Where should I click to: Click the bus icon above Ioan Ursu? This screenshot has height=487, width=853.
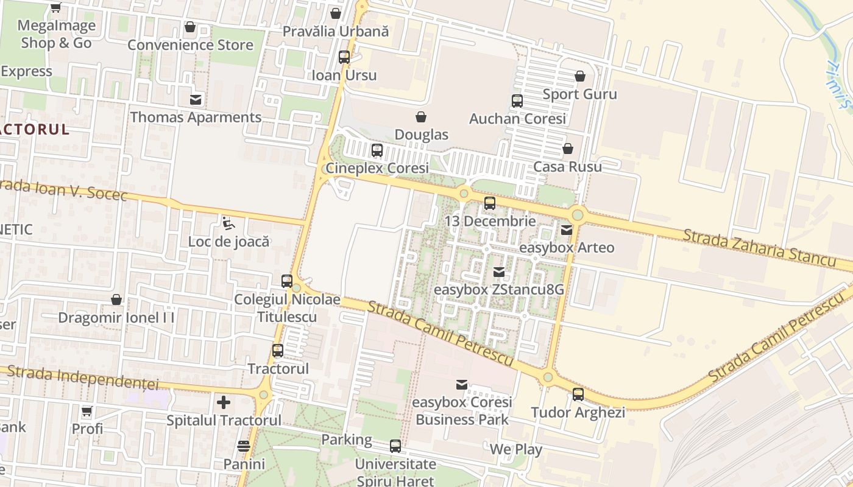(344, 57)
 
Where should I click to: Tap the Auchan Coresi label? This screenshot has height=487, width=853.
(517, 119)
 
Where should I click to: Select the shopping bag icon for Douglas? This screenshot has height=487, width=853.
(420, 117)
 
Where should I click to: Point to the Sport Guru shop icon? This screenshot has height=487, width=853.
(580, 76)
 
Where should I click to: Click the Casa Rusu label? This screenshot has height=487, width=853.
(567, 166)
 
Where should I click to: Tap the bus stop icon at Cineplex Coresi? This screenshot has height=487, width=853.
(377, 150)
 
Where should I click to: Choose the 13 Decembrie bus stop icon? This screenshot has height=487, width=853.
(490, 203)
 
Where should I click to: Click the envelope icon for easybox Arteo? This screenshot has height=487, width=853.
(567, 230)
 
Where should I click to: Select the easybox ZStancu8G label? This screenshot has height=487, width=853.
(498, 289)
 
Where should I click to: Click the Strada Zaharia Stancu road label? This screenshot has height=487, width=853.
(759, 247)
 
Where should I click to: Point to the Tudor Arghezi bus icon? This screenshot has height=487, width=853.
(578, 394)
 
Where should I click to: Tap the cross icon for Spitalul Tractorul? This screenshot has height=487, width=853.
(224, 402)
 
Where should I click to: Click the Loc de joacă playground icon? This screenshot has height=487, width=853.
(228, 223)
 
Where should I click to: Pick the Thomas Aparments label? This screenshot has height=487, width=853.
(196, 117)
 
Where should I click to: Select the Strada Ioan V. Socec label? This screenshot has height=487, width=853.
(63, 189)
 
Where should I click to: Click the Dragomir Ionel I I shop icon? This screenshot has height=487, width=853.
(116, 300)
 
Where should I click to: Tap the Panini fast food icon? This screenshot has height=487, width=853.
(244, 446)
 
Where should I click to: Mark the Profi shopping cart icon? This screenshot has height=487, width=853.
(87, 412)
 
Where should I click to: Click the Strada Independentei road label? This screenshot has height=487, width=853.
(83, 377)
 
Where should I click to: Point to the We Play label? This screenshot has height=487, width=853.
(516, 449)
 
